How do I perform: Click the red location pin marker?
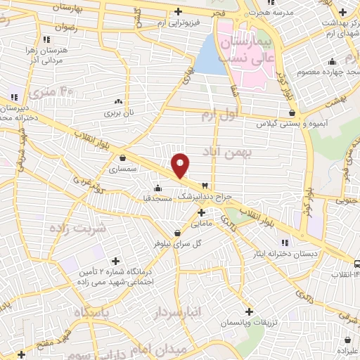click(x=181, y=165)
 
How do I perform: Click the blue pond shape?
click(x=210, y=55)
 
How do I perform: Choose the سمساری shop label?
click(x=124, y=169)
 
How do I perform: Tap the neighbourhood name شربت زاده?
click(x=77, y=229)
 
